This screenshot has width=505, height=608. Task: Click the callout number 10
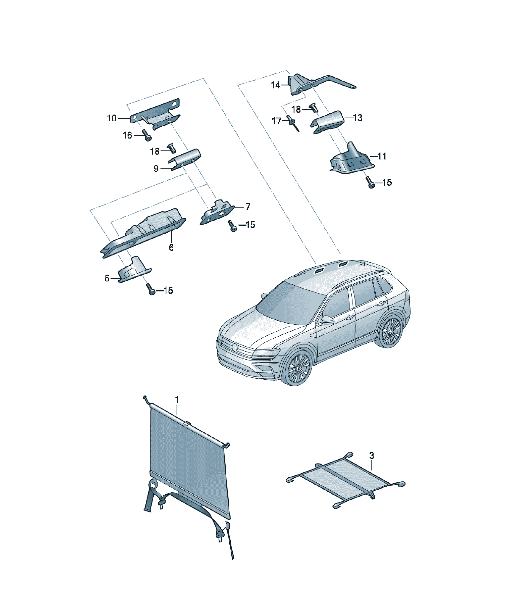pos(111,118)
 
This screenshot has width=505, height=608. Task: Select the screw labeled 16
pos(147,136)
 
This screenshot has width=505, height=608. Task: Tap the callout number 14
pos(275,85)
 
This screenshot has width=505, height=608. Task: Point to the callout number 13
pos(358,118)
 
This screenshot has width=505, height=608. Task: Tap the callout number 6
pos(171,247)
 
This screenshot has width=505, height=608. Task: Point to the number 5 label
pos(107,278)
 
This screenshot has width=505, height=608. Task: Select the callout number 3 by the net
pos(372,456)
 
